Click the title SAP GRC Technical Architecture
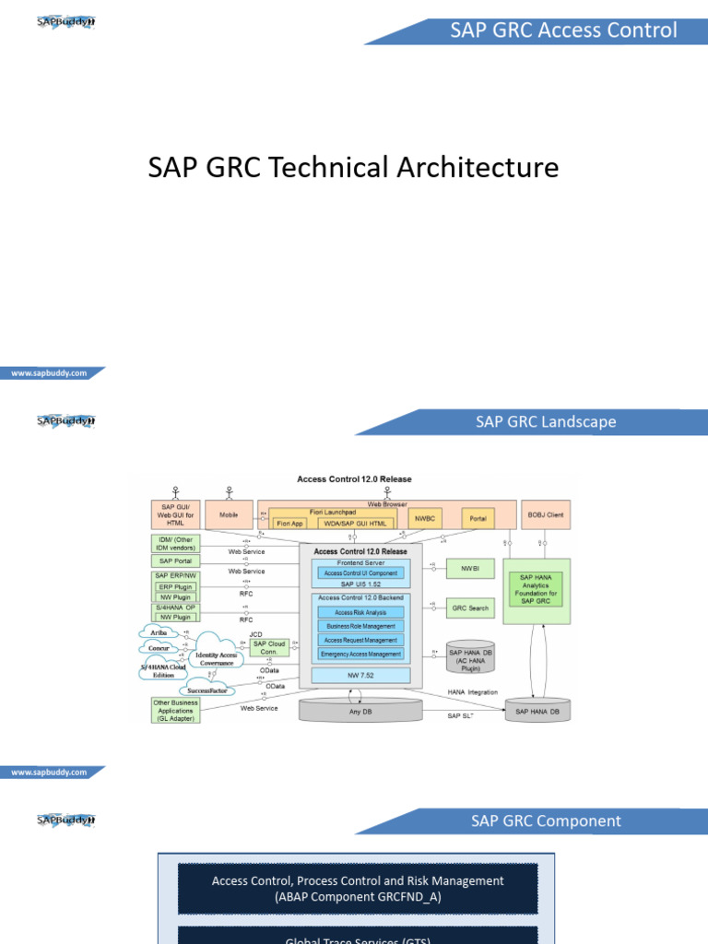[353, 168]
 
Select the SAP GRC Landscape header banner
[546, 422]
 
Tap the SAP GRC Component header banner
[546, 820]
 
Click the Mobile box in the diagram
[230, 514]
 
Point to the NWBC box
[424, 519]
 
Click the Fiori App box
[289, 523]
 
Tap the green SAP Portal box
[175, 560]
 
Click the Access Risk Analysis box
[360, 612]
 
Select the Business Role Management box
[360, 626]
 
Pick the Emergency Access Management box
[360, 654]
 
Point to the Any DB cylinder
[360, 710]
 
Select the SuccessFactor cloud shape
[206, 689]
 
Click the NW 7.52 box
[360, 676]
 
